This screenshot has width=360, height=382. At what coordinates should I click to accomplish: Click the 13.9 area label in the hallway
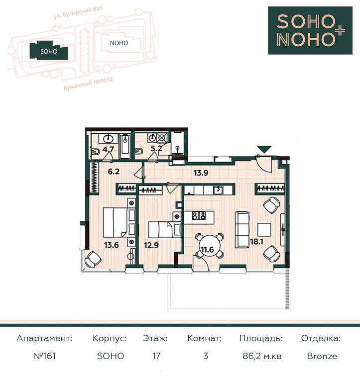point(201,173)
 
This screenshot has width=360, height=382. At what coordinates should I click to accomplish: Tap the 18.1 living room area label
point(256,242)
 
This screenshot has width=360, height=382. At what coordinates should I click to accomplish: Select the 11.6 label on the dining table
point(207,250)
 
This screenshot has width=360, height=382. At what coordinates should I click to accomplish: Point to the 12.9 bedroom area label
point(151,245)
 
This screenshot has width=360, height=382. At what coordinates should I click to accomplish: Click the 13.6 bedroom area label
point(112,245)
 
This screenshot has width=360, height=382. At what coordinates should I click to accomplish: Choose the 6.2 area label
point(114,172)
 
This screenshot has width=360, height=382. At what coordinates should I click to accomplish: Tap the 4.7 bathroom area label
point(108,149)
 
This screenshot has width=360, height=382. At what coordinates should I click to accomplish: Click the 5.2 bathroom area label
point(156,148)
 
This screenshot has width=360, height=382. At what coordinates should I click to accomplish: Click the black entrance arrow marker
point(264,149)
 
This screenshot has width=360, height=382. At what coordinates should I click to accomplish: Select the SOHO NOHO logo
point(310,30)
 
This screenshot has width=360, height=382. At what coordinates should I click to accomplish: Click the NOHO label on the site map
point(119,43)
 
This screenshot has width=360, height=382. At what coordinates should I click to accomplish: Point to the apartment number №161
point(44,356)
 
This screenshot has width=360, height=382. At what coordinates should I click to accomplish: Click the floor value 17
point(156,356)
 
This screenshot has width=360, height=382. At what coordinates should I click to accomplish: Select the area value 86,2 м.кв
point(262,356)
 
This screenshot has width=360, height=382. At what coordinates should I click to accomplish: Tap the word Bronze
point(322,356)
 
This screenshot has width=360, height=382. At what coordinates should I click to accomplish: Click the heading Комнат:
point(205,338)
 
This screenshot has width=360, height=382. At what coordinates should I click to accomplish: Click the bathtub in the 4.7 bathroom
point(125,146)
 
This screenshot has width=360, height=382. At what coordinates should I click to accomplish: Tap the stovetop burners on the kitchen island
point(199,215)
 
